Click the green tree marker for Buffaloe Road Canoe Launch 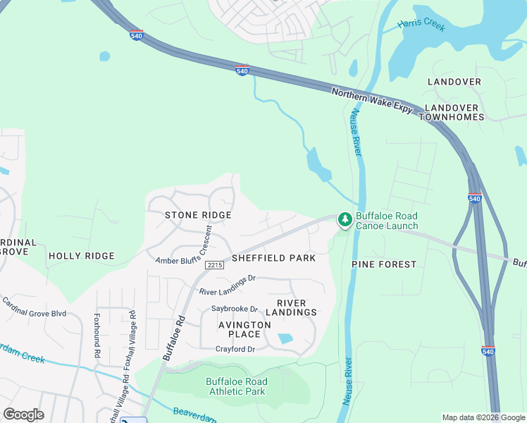point(345,221)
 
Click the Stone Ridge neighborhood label point(198,215)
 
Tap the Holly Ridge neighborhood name point(81,256)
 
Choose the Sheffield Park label point(274,258)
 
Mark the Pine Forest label point(384,264)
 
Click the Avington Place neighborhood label point(244,329)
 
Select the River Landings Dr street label point(227,286)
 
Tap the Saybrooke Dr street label point(235,309)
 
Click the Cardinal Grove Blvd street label point(34,307)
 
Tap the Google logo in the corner point(23,415)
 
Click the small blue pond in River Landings point(285,338)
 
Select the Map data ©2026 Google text point(483,417)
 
